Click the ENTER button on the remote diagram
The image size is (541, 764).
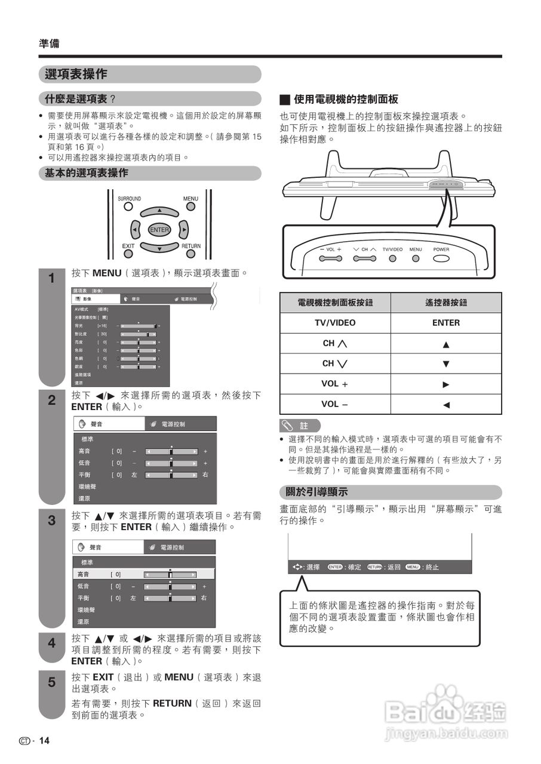click(159, 230)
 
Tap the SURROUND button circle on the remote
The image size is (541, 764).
click(128, 207)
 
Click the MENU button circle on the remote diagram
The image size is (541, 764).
click(190, 207)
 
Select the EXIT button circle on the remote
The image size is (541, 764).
click(128, 254)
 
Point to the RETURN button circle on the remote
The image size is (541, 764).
click(190, 254)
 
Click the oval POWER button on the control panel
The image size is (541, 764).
click(441, 259)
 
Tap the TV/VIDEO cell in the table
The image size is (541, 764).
click(335, 323)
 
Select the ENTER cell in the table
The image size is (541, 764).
click(446, 323)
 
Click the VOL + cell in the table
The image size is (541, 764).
click(335, 384)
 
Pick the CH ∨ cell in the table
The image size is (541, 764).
click(335, 363)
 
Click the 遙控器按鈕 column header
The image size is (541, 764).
click(446, 303)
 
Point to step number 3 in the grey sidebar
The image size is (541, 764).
click(51, 520)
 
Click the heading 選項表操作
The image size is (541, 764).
click(76, 75)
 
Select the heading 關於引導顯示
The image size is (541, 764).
click(313, 492)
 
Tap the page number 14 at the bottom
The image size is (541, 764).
click(44, 741)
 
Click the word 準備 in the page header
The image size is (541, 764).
click(49, 44)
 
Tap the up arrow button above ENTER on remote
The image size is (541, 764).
click(159, 211)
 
